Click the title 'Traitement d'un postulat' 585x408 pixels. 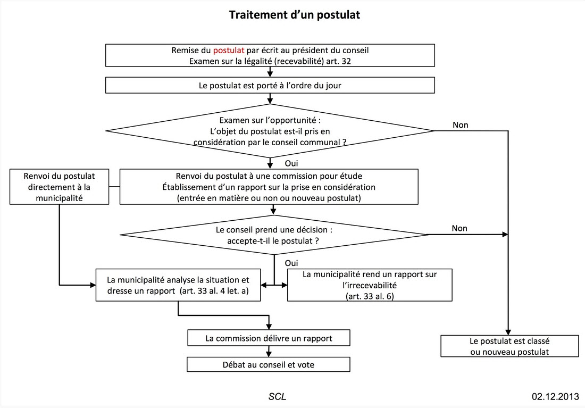[x=295, y=15]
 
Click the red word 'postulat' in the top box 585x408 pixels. [x=228, y=51]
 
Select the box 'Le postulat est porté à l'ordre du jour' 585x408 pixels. [x=270, y=85]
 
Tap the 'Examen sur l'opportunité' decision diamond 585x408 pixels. [x=270, y=131]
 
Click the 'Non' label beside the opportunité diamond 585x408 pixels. [x=461, y=125]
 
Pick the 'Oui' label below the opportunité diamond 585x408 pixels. [x=291, y=163]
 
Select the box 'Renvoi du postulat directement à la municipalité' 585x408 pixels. [x=60, y=187]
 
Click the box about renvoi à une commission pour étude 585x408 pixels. [x=269, y=187]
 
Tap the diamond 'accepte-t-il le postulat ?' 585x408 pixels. [x=274, y=235]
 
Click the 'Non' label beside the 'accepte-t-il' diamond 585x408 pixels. [x=459, y=228]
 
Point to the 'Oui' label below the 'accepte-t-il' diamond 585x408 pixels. [x=291, y=263]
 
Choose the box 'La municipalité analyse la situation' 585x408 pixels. [x=178, y=285]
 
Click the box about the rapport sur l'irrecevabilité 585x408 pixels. [x=370, y=285]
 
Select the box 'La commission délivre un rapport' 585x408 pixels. [x=269, y=338]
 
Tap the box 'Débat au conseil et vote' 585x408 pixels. [x=269, y=365]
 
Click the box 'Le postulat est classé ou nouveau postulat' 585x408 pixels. [x=509, y=346]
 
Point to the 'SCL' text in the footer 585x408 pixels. [x=277, y=396]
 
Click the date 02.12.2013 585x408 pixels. [x=556, y=396]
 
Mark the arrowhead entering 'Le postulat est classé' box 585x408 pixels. [x=508, y=332]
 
